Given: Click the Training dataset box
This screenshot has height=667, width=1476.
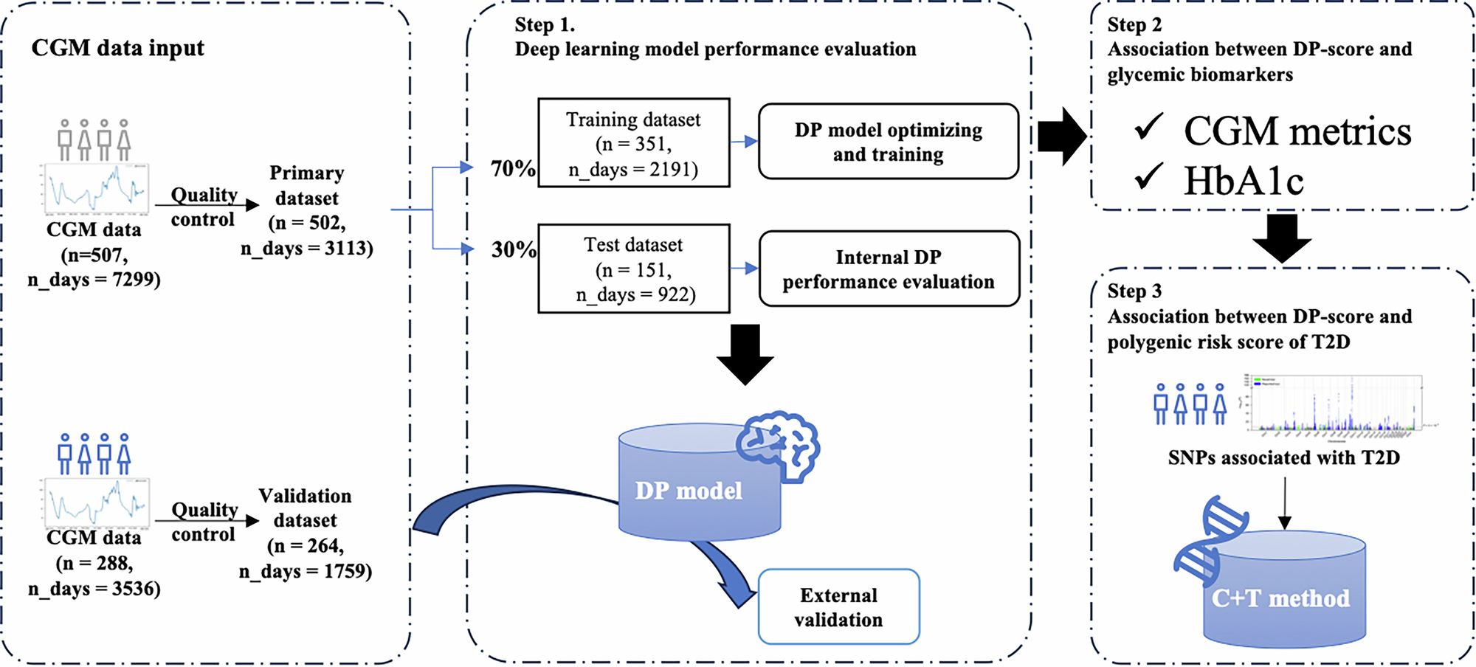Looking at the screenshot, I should tap(633, 143).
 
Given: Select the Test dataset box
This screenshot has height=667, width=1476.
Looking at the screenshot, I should tap(633, 269).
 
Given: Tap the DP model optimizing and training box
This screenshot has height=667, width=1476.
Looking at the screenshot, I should tap(888, 142).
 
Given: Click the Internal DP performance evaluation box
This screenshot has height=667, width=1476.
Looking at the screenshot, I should tap(888, 269).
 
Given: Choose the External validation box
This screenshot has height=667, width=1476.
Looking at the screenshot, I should tap(838, 606).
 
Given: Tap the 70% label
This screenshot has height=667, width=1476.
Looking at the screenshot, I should tap(513, 169).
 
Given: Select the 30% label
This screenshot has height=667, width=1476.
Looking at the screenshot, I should tap(513, 249).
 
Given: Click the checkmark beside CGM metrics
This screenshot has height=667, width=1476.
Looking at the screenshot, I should tap(1149, 127).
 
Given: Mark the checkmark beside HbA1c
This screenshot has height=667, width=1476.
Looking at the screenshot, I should tap(1149, 177).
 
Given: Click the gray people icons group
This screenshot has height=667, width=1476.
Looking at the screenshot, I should tap(94, 140).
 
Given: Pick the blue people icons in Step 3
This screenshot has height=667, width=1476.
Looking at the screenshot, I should tap(1190, 404).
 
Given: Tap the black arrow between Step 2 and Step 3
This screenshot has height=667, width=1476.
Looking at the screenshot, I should tap(1282, 238).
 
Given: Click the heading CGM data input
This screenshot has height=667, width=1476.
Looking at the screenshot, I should tap(117, 48).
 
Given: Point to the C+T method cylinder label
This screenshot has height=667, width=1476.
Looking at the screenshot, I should tap(1280, 598).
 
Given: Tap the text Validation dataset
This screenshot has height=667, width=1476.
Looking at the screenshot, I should tap(305, 508).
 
